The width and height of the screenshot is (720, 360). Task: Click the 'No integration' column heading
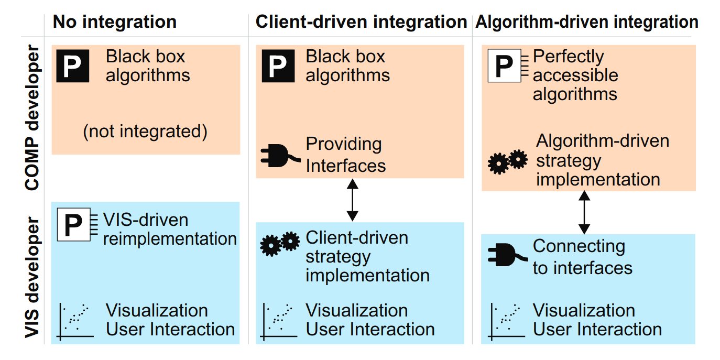[x=115, y=22]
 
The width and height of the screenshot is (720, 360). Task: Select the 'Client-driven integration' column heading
[x=361, y=22]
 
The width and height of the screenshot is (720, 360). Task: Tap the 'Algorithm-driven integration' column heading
[x=586, y=22]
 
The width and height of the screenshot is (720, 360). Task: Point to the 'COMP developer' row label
[x=32, y=118]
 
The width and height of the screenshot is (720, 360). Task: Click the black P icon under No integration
[x=73, y=66]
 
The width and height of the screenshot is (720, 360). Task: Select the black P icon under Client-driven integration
[x=278, y=66]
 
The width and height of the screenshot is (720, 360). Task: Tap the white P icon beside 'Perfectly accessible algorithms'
[x=504, y=66]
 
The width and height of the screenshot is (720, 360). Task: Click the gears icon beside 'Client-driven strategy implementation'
[x=280, y=243]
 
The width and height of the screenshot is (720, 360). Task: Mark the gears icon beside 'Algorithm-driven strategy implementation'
[x=507, y=161]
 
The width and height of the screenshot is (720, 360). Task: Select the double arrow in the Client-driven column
[x=353, y=200]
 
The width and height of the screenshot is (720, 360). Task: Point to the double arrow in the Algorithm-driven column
[x=584, y=212]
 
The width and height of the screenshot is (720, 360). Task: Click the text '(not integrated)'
[x=145, y=131]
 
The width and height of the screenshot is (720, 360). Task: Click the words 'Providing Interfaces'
[x=345, y=155]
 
